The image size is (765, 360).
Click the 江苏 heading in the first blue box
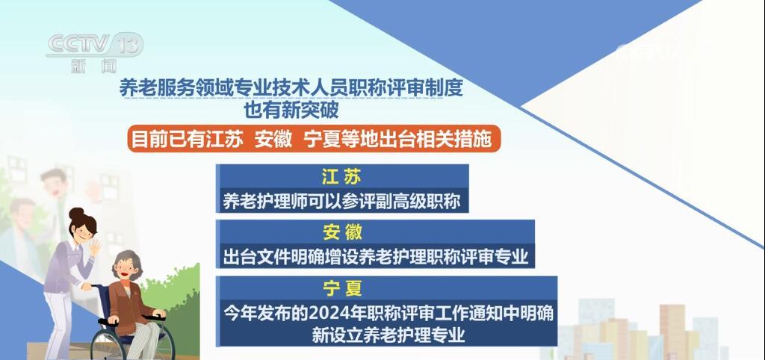341,178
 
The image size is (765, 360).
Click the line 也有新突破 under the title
291,111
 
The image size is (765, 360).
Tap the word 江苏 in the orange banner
221,140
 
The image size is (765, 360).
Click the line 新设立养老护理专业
389,334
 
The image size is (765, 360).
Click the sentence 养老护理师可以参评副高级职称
340,200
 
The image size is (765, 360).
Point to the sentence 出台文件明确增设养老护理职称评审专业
376,257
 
